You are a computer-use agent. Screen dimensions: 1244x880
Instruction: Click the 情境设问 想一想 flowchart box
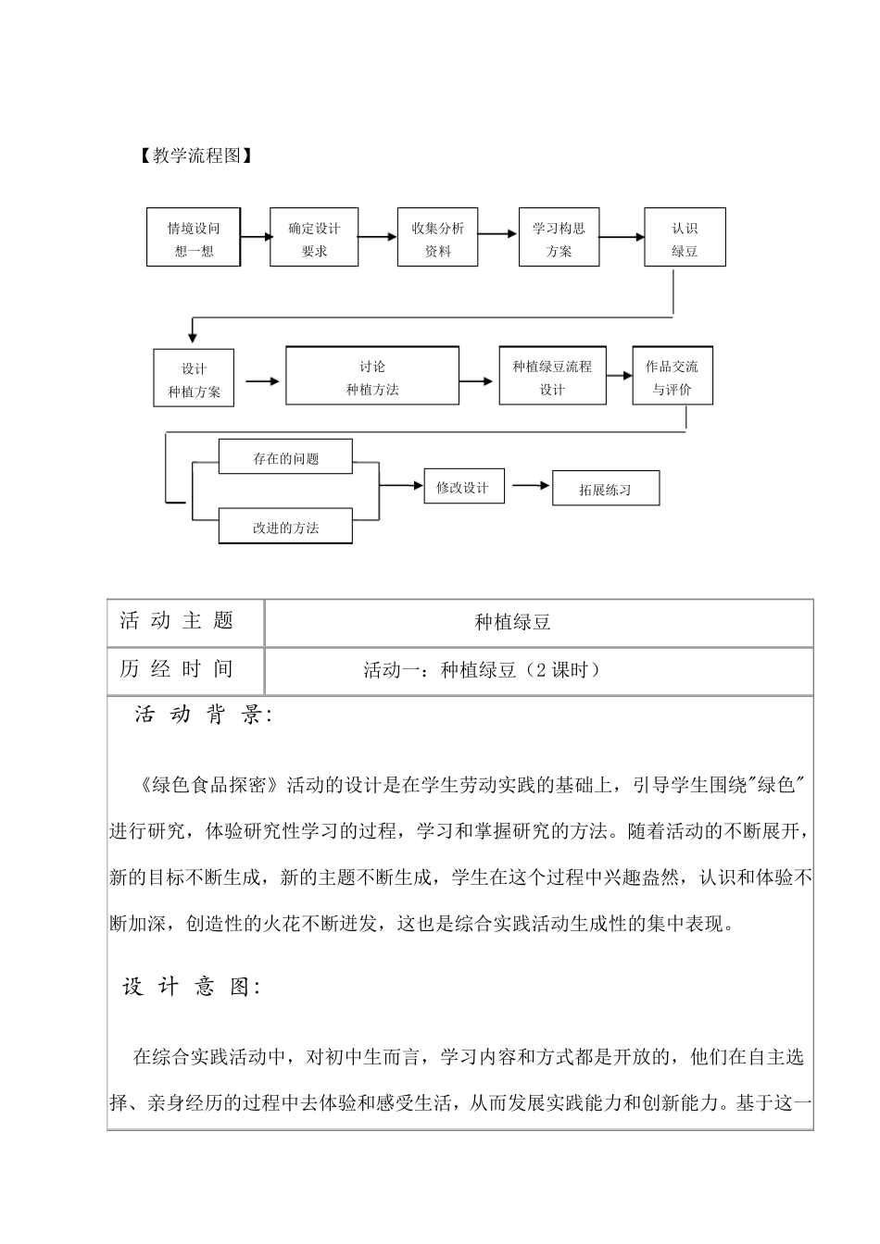[194, 239]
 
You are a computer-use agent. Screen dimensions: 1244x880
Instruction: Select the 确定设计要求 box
[314, 239]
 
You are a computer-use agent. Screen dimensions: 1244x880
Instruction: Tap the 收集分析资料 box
[438, 239]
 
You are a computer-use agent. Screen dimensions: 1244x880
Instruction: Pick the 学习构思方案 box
[559, 239]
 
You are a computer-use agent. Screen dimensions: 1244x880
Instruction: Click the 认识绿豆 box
[685, 239]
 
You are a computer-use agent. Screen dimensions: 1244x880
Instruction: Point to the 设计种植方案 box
[195, 379]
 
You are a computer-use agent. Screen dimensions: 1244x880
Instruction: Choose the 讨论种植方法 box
[372, 377]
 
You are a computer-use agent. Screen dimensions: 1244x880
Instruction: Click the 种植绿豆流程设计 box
[552, 377]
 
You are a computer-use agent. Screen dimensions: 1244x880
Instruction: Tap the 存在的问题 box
[285, 457]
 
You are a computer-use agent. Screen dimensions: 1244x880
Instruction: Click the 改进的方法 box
[285, 527]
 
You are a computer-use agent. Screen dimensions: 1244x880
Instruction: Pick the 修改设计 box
[463, 487]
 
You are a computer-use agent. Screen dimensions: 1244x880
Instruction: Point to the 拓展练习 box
[606, 489]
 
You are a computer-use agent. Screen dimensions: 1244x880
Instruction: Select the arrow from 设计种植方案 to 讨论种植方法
[261, 379]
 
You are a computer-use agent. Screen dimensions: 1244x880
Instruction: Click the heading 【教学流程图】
[193, 155]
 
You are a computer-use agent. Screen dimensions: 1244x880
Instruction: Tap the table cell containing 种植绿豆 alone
[512, 623]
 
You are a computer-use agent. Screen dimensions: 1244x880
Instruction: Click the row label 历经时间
[177, 670]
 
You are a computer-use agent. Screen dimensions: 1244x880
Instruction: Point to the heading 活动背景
[200, 715]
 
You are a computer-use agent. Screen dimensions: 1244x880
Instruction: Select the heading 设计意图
[190, 987]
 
